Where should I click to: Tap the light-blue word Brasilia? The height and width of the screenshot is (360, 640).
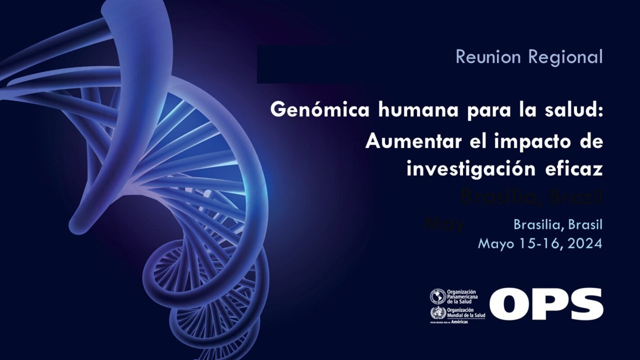538,224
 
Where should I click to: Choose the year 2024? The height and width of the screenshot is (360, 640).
585,244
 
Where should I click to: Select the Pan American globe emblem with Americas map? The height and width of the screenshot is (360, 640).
437,296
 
